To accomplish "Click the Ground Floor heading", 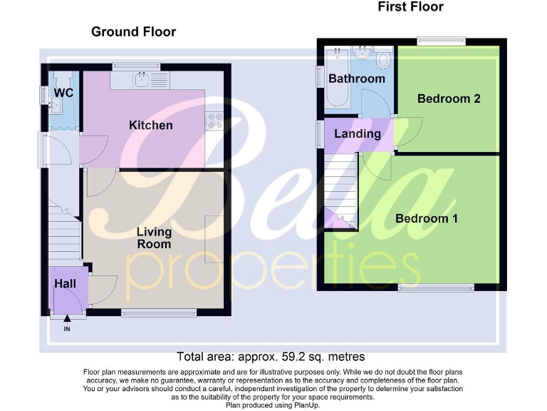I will coord(133,31).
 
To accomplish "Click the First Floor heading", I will coord(410,7).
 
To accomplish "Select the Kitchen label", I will coord(150,126).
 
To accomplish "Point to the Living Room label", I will coord(154,238).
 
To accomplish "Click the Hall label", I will coord(65,284).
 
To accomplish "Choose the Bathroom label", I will coord(357,78).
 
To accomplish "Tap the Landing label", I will coord(358,133).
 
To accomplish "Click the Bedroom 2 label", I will coord(449,98).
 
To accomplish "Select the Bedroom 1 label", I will coord(427,218).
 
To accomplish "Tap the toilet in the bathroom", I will coord(383,58).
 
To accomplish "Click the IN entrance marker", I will coord(67,329).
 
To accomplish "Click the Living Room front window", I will coord(158,313).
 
